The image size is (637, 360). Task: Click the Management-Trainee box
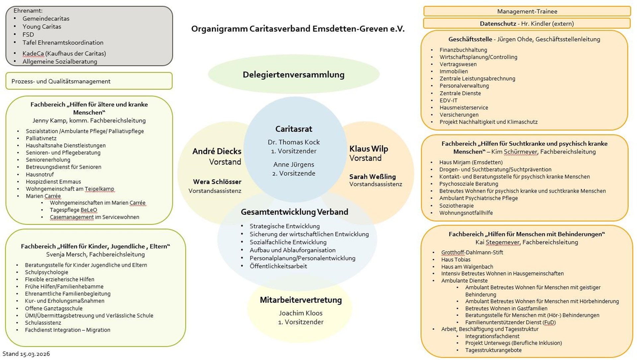[x=527, y=11]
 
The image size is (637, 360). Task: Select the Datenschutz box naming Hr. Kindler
[x=527, y=24]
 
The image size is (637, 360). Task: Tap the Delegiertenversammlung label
[x=293, y=75]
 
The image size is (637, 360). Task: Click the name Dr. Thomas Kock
[x=294, y=142]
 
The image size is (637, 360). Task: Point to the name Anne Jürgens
[x=294, y=164]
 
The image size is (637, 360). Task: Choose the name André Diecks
[x=217, y=151]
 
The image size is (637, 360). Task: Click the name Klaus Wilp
[x=369, y=149]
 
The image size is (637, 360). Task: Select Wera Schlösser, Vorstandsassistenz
[x=217, y=182]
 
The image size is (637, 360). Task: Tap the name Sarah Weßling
[x=372, y=177]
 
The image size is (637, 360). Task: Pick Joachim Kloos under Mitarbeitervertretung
[x=301, y=313]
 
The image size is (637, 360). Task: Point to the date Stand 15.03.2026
[x=26, y=354]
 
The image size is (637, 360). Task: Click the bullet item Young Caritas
[x=42, y=27]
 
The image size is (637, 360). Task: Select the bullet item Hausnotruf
[x=40, y=175]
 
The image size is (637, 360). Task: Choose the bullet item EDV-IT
[x=448, y=101]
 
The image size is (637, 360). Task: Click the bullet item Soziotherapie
[x=456, y=206]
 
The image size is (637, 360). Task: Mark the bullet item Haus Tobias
[x=456, y=260]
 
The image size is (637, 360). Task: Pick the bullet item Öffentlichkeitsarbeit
[x=278, y=266]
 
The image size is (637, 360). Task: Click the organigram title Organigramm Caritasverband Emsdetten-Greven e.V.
[x=298, y=29]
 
